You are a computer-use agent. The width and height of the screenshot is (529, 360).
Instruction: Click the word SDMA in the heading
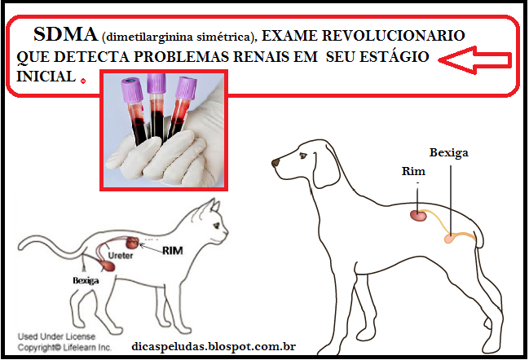(66, 34)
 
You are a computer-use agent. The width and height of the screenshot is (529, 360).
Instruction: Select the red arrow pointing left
(475, 60)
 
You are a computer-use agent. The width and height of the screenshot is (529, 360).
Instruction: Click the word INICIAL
(46, 77)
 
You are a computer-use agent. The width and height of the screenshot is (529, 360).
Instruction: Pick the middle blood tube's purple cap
(156, 83)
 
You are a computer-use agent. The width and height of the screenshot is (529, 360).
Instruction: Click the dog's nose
(276, 163)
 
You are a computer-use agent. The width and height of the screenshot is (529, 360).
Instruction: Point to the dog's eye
(303, 156)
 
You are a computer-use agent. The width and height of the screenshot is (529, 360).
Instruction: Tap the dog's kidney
(419, 215)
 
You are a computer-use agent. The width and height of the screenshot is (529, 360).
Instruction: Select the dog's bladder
(450, 238)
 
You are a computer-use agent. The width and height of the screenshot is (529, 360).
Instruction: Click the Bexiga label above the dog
(448, 153)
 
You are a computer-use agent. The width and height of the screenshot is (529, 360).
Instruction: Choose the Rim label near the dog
(413, 171)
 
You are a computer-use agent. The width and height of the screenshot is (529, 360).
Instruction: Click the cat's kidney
(132, 243)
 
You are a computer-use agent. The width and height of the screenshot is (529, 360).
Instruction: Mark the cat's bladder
(108, 266)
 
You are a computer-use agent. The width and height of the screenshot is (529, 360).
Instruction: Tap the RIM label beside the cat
(173, 251)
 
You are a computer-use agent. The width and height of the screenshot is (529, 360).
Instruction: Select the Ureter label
(121, 256)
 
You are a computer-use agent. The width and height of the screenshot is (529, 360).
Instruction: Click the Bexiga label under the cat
(86, 280)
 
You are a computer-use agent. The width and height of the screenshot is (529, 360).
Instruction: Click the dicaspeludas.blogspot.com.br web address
(214, 346)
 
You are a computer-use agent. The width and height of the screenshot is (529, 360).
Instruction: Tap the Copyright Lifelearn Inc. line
(64, 348)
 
